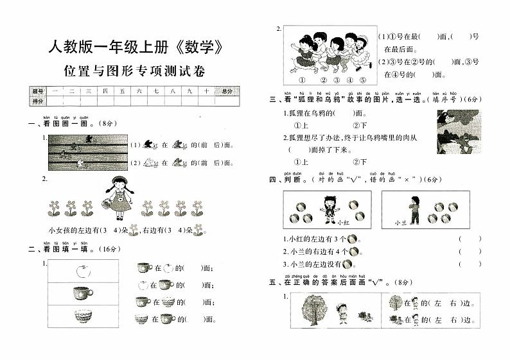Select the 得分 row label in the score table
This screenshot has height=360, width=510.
(37, 101)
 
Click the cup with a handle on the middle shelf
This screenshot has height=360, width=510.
(82, 295)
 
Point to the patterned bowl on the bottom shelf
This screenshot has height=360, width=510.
(82, 318)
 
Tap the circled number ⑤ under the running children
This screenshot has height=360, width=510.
(363, 80)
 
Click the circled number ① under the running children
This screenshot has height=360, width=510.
(301, 80)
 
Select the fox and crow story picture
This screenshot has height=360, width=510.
(457, 132)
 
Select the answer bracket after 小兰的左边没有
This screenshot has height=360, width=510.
(470, 263)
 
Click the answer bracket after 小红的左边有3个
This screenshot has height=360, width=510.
(470, 239)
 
